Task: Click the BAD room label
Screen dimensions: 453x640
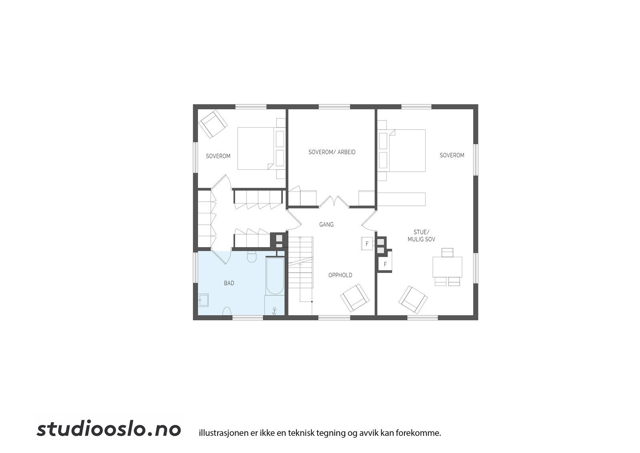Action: coord(229,283)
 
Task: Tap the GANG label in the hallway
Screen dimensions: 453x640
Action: coord(326,225)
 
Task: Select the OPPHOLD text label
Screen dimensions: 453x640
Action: coord(340,275)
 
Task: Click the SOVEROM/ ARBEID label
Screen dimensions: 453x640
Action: coord(332,152)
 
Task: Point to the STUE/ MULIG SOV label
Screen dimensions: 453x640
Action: coord(421,236)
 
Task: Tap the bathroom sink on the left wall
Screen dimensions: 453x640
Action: coord(204,300)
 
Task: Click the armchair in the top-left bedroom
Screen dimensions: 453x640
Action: coord(213,123)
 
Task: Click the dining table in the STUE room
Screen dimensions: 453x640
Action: coord(447,267)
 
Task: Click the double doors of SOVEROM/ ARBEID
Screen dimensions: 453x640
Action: coord(334,201)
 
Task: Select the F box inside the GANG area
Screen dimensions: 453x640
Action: coord(367,244)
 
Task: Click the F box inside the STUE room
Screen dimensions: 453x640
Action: coord(385,264)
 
